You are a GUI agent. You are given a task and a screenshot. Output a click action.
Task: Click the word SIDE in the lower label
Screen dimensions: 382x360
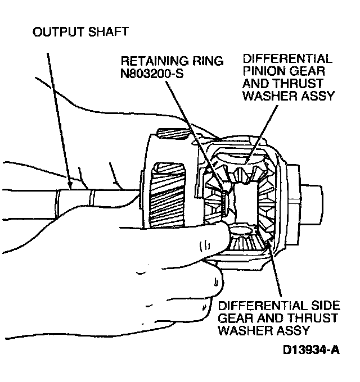[x=326, y=306]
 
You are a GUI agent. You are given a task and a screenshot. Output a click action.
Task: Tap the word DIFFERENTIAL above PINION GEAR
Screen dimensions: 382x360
[x=286, y=59]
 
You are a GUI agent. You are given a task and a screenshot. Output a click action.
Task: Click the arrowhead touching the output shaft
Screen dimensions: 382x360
[x=69, y=185]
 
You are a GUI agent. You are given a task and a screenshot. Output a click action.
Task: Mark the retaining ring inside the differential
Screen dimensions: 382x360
[x=223, y=201]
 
